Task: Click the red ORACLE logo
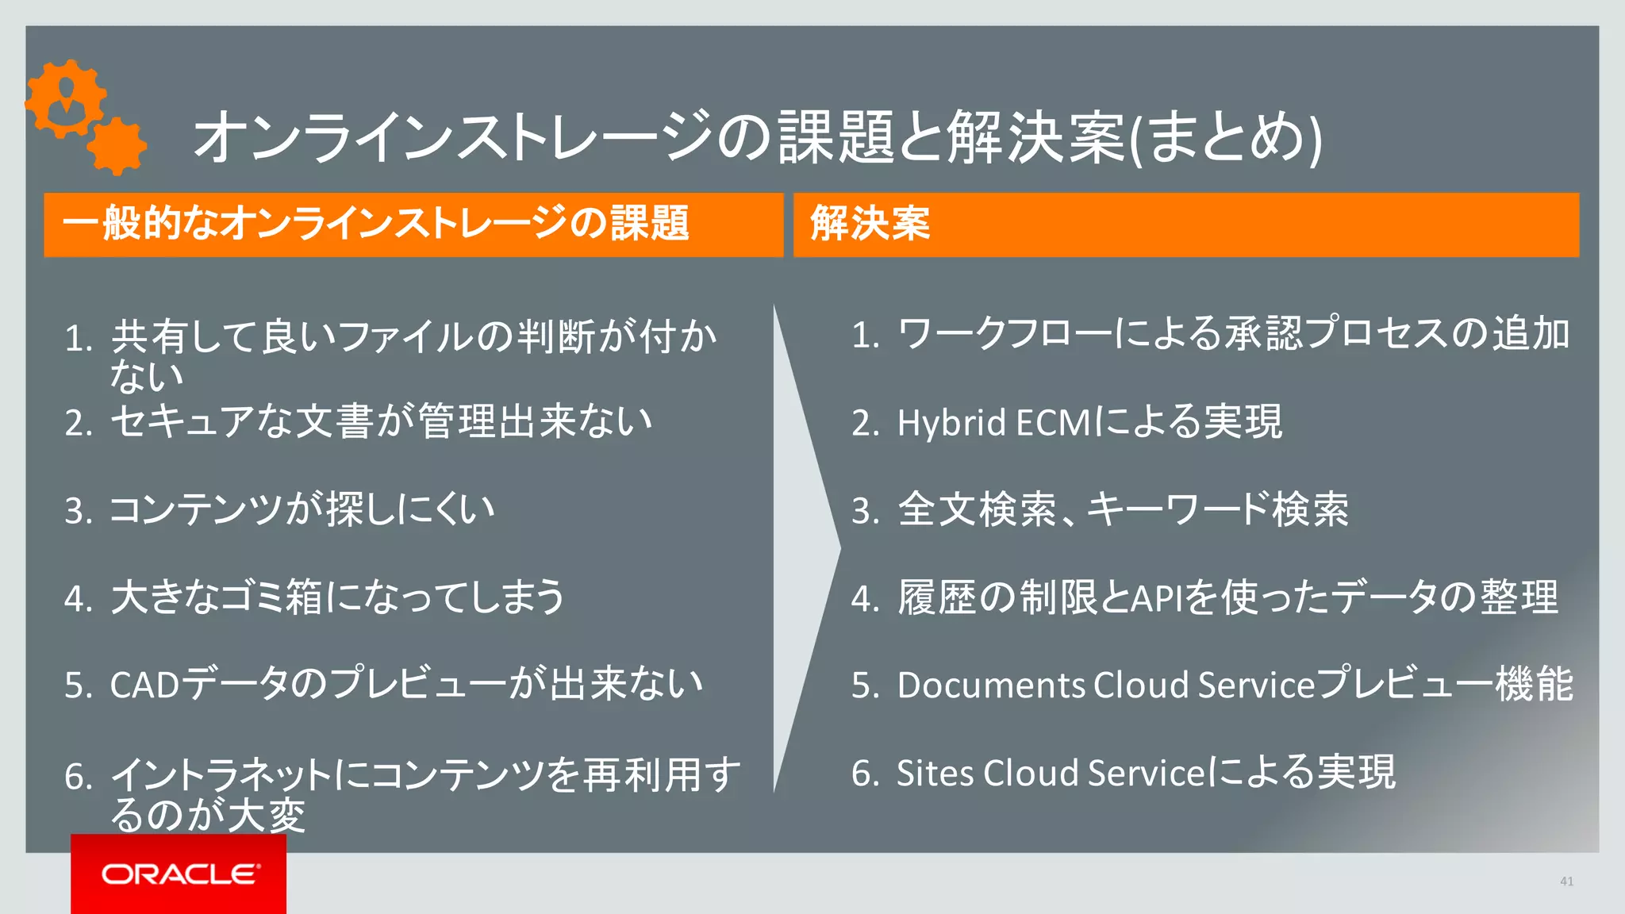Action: [179, 874]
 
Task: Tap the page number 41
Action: [1566, 881]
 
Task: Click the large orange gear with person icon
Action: [65, 99]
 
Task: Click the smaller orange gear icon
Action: [117, 146]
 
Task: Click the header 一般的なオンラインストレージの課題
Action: [375, 224]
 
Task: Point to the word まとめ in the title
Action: [1227, 138]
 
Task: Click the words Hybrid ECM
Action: [994, 423]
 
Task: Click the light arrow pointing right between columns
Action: [805, 547]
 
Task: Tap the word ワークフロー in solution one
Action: [1005, 334]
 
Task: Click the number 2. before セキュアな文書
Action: [79, 423]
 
